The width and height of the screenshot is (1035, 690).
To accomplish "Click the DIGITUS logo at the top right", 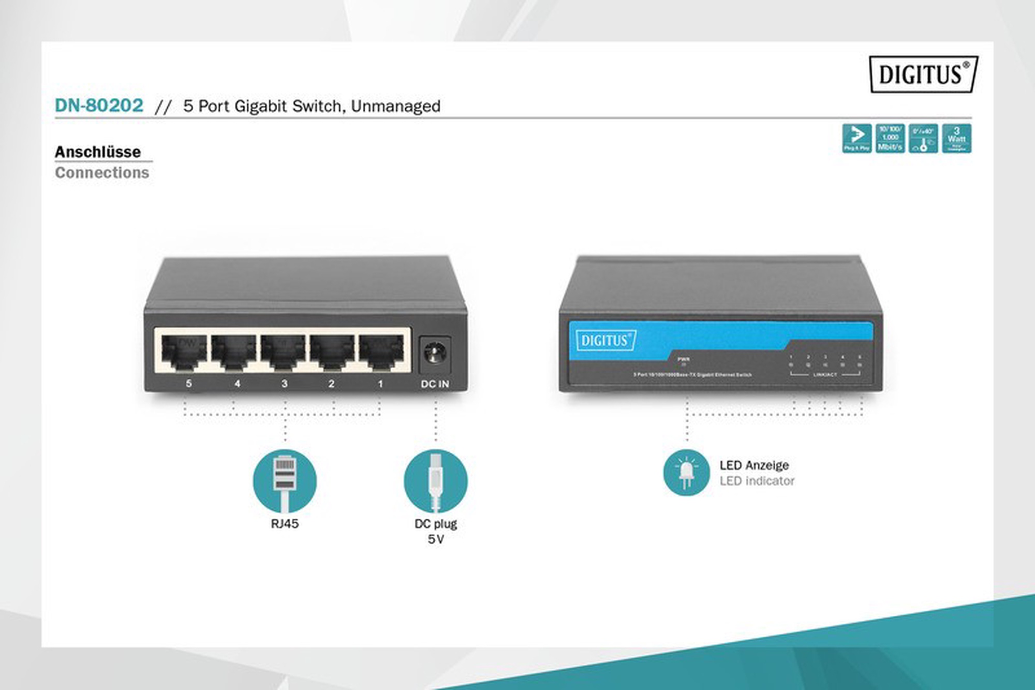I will pos(923,74).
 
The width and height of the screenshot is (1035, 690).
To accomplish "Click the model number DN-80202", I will pos(99,105).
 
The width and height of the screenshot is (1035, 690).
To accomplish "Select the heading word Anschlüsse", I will pos(98,152).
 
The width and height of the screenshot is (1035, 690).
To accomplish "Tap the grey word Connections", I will pos(102,172).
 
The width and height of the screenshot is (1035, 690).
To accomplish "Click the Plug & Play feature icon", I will pos(856,138).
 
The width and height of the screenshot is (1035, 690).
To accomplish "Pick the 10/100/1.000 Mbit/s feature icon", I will pos(890,138).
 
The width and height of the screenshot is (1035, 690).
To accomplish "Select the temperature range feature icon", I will pos(923,138).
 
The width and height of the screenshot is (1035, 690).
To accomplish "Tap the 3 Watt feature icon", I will pos(956,138).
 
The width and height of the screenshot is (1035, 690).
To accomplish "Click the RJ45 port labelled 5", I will pos(184,352).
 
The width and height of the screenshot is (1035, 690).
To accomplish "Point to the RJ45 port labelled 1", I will pos(382,352).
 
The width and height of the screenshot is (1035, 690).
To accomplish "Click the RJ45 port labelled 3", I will pos(283,352).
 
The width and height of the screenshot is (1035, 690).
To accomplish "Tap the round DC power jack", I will pos(435,354).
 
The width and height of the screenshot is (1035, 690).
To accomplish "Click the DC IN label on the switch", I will pos(435,384).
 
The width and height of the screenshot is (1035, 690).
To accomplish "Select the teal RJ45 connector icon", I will pos(285,480).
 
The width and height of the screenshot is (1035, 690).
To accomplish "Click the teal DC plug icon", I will pos(435,480).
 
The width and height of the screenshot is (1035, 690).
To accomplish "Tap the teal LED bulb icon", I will pos(686,472).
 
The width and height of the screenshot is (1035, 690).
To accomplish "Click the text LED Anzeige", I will pos(754,465).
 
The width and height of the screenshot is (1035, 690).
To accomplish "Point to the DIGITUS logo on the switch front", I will pos(605,340).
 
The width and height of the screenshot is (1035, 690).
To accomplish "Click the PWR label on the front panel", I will pos(683,359).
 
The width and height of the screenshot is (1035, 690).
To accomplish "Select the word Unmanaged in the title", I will pos(395,106).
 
